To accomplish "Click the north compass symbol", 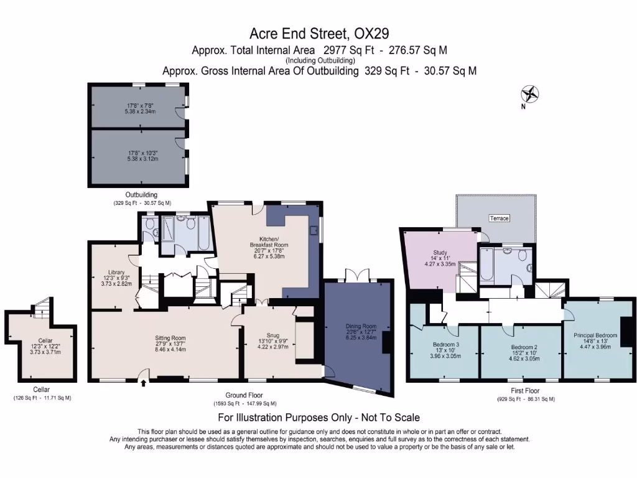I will click(530, 95).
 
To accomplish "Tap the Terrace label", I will click(498, 218).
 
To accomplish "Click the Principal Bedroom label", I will click(595, 335).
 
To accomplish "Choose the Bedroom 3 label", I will click(445, 345).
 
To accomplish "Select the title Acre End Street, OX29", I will click(319, 32).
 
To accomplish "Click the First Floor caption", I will click(526, 391).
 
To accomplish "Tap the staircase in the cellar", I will click(42, 306).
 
